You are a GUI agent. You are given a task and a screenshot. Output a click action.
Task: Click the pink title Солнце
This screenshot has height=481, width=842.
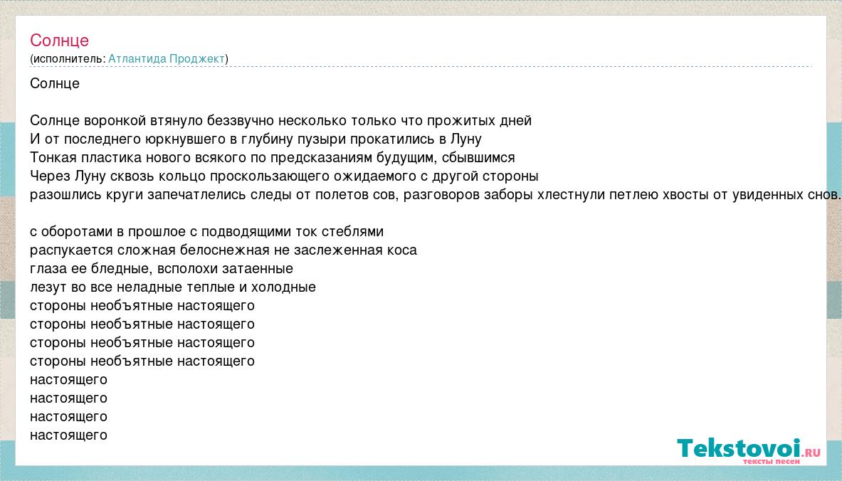[x=59, y=41]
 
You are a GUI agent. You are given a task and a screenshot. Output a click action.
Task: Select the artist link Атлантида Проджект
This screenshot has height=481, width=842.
[x=167, y=58]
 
